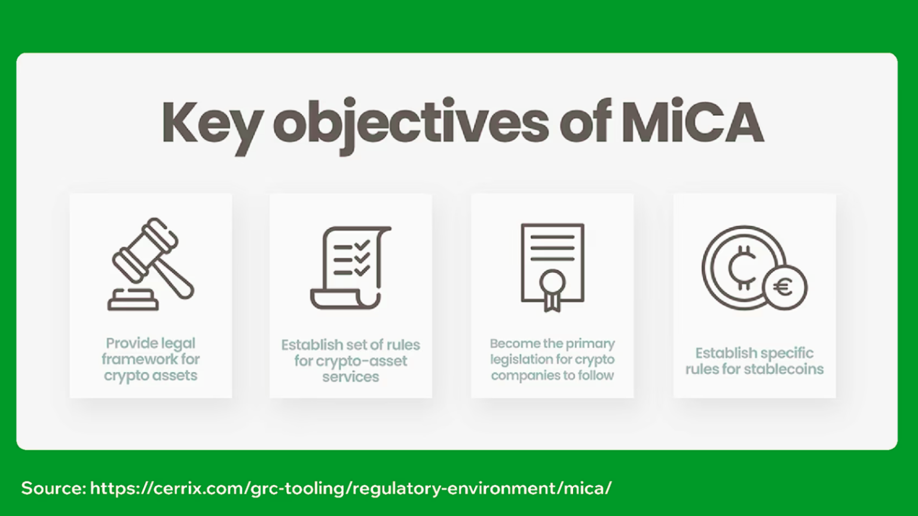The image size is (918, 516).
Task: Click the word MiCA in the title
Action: click(x=692, y=122)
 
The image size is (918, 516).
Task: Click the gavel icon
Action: click(x=151, y=264)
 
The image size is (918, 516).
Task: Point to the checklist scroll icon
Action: click(x=351, y=268)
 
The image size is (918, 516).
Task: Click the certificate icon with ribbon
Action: click(x=552, y=268)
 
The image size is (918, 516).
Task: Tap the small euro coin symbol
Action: click(x=785, y=287)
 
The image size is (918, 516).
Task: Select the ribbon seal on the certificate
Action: click(x=552, y=290)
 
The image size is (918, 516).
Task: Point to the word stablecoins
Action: click(x=784, y=369)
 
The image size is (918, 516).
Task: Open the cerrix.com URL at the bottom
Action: click(x=351, y=488)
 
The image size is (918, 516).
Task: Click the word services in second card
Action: click(x=350, y=377)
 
